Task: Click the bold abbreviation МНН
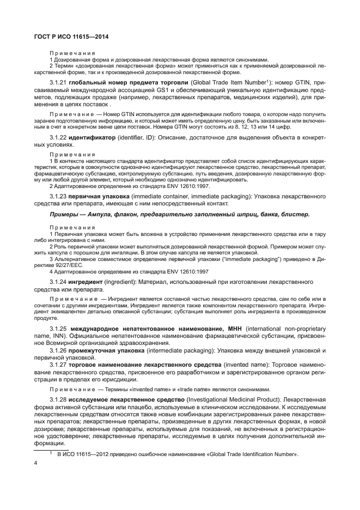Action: (x=235, y=329)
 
